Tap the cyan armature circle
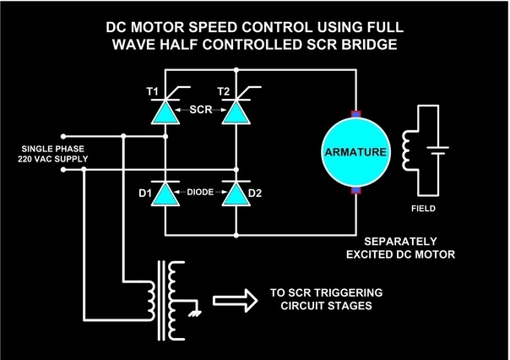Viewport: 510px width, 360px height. point(355,153)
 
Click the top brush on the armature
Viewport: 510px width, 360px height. point(355,114)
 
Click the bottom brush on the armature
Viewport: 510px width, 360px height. point(355,193)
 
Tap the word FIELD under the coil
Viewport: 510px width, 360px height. point(426,205)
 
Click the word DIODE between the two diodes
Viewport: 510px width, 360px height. point(201,193)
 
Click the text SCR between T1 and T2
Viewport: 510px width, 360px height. point(201,109)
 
